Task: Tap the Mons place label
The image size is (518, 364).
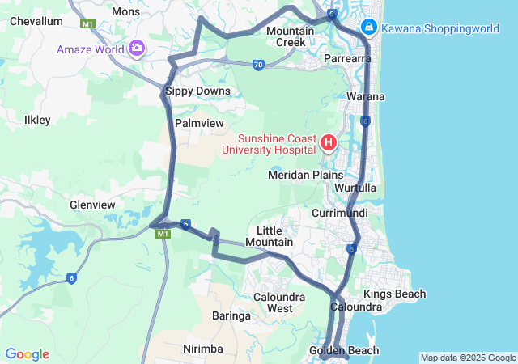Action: [x=125, y=11]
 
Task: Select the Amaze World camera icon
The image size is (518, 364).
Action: [x=136, y=49]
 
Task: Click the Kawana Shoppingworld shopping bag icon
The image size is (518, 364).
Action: [x=368, y=28]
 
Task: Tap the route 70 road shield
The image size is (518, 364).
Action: [x=257, y=65]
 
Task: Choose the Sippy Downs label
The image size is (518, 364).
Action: [x=197, y=91]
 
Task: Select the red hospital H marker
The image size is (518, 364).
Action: [x=329, y=144]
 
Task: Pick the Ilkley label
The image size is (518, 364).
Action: [x=37, y=120]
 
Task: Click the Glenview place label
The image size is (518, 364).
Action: [x=92, y=205]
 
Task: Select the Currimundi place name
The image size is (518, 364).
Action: [x=340, y=213]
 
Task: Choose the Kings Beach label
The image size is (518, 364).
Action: [x=394, y=294]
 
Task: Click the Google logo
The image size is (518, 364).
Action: [x=27, y=354]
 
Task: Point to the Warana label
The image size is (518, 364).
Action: [x=365, y=97]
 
